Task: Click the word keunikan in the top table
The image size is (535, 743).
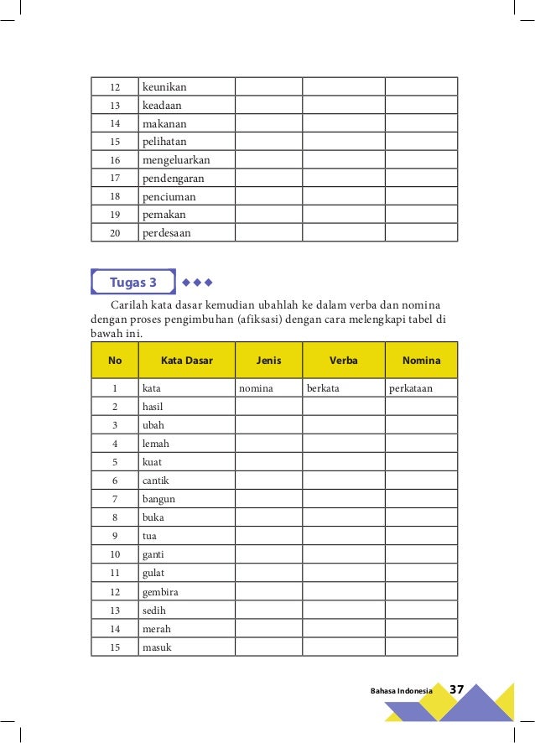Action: [164, 86]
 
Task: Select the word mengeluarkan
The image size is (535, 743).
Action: [176, 159]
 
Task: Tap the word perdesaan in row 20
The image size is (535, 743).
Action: [167, 233]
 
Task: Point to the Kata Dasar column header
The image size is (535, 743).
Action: [186, 361]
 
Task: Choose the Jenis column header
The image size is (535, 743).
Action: [268, 361]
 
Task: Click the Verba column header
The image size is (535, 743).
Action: [343, 361]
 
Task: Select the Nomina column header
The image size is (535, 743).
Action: [421, 361]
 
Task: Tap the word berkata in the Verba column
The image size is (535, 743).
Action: [323, 388]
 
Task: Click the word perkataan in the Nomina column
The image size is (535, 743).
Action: [411, 388]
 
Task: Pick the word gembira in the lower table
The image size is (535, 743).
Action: [161, 592]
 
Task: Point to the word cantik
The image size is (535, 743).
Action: [156, 481]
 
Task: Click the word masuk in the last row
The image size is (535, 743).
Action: [157, 647]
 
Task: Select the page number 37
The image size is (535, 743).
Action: [457, 689]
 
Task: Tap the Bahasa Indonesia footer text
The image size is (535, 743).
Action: [401, 690]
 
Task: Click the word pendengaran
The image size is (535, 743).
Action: [174, 178]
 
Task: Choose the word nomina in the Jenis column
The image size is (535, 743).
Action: [257, 388]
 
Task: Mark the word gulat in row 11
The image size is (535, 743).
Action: [153, 574]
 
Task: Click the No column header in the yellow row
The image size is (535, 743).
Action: [115, 361]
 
